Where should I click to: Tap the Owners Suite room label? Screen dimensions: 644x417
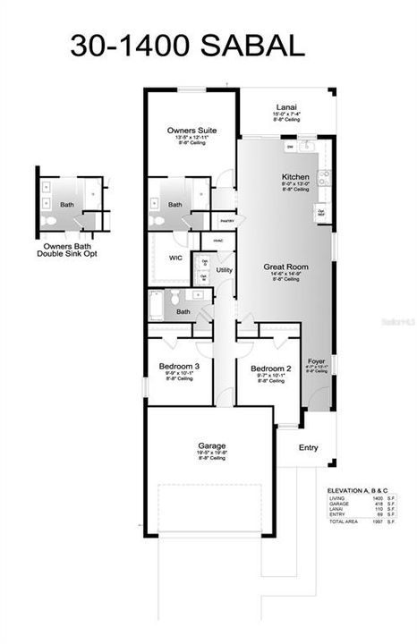tap(188, 131)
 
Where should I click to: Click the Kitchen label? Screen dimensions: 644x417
tap(295, 177)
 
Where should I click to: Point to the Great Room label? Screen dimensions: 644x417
tap(285, 267)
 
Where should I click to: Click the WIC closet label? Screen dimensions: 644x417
tap(176, 257)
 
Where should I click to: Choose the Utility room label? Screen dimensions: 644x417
tap(225, 269)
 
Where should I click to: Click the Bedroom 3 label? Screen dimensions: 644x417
tap(179, 368)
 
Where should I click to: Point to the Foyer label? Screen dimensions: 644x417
tap(317, 361)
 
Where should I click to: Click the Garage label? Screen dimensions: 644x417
tap(211, 445)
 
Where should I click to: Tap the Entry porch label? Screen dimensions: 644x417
tap(308, 448)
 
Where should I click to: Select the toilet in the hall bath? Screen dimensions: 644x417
tap(175, 298)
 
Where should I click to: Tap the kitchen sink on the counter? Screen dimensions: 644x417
tap(305, 145)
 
